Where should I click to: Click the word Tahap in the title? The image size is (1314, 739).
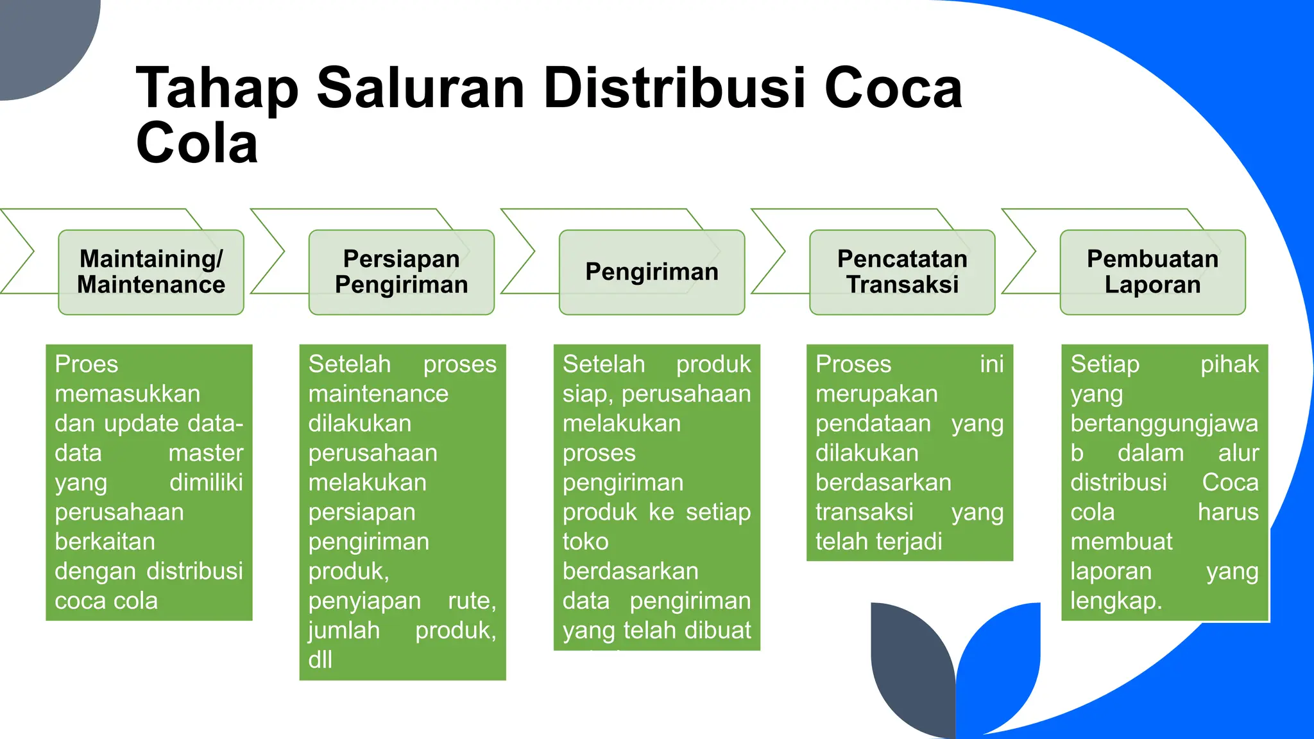point(217,89)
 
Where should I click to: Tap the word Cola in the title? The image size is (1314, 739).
point(196,142)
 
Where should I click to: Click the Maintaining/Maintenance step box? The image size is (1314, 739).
point(151,272)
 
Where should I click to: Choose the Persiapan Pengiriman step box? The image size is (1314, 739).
point(401,272)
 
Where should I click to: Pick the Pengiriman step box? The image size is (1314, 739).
point(651,272)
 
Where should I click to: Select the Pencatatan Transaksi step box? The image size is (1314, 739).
point(901,272)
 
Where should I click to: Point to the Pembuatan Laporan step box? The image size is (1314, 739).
point(1152,272)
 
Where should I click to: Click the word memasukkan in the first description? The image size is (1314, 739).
point(127,394)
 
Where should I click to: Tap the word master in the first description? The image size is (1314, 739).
point(205,453)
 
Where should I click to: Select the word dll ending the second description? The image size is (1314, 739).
point(320,659)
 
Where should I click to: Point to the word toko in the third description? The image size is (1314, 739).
point(585,542)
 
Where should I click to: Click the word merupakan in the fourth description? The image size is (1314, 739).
point(876,394)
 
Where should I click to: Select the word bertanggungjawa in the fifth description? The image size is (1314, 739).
point(1164,423)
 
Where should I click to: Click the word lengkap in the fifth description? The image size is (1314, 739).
point(1114,601)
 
